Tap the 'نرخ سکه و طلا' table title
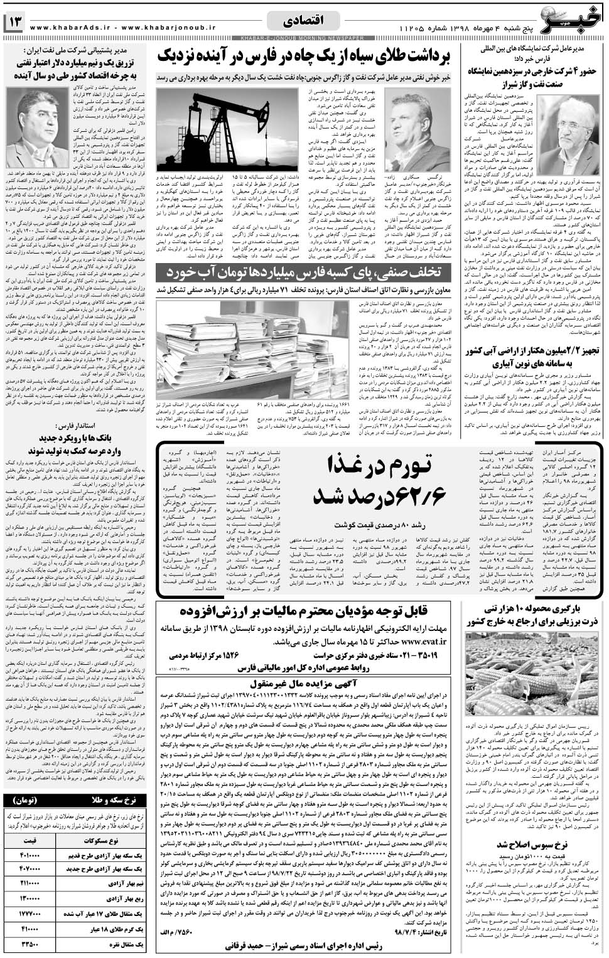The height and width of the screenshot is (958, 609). click(75, 800)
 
